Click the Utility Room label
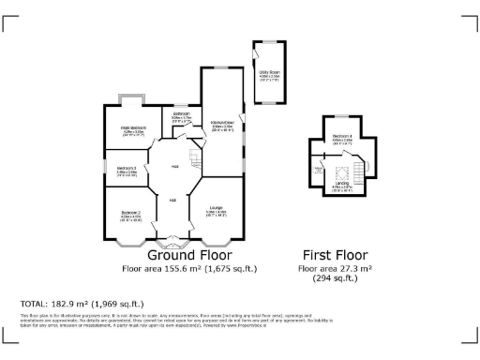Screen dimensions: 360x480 click(x=270, y=69)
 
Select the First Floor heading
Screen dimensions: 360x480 click(x=335, y=255)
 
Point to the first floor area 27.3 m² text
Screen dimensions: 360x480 click(x=335, y=268)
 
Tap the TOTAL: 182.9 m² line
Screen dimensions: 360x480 click(x=82, y=304)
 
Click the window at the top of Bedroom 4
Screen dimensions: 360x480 click(x=341, y=115)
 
